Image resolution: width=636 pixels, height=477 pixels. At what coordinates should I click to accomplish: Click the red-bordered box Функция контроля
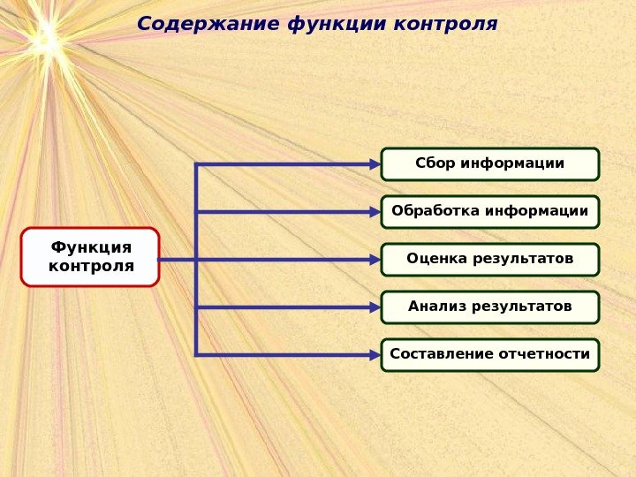[90, 257]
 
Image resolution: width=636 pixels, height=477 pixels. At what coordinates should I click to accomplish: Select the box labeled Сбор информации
[490, 163]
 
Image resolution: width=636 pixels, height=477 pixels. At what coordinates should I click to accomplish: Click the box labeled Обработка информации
[490, 211]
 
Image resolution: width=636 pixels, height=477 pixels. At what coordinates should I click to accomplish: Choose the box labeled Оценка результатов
[490, 259]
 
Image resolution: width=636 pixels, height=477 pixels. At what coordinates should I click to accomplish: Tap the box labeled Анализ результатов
[490, 307]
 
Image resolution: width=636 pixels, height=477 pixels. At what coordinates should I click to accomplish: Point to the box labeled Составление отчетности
[490, 354]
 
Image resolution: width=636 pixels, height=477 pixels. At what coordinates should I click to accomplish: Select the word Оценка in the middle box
[433, 259]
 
